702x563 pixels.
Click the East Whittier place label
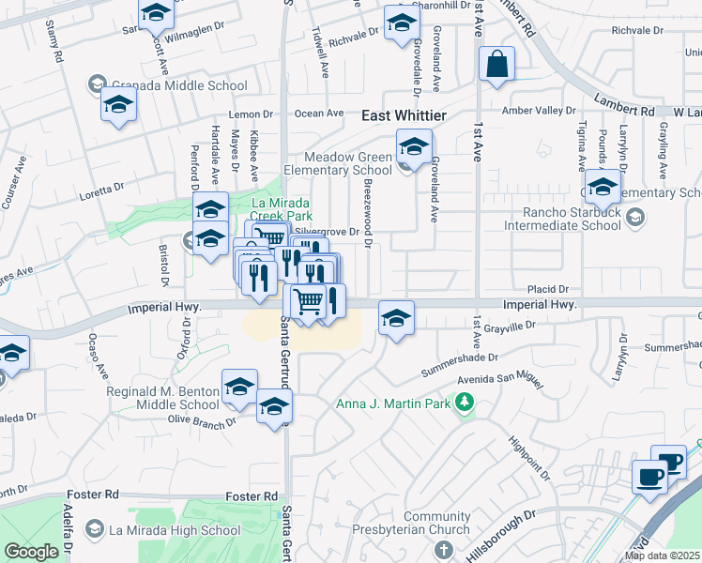(x=404, y=114)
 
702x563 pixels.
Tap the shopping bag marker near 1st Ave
(x=496, y=66)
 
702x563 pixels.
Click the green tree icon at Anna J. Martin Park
(x=463, y=403)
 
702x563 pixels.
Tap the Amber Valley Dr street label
(x=538, y=111)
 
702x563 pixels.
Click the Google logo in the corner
(x=31, y=552)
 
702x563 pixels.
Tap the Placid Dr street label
(x=549, y=289)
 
